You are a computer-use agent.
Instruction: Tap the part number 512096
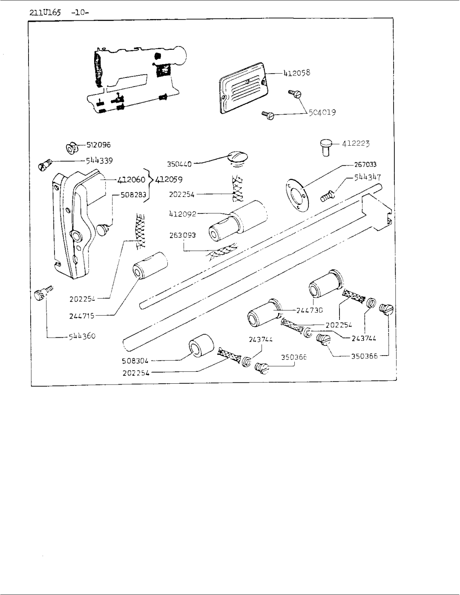[99, 145]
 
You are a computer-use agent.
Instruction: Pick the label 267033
[365, 164]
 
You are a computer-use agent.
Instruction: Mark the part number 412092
[182, 214]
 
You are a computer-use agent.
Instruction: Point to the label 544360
[82, 336]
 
